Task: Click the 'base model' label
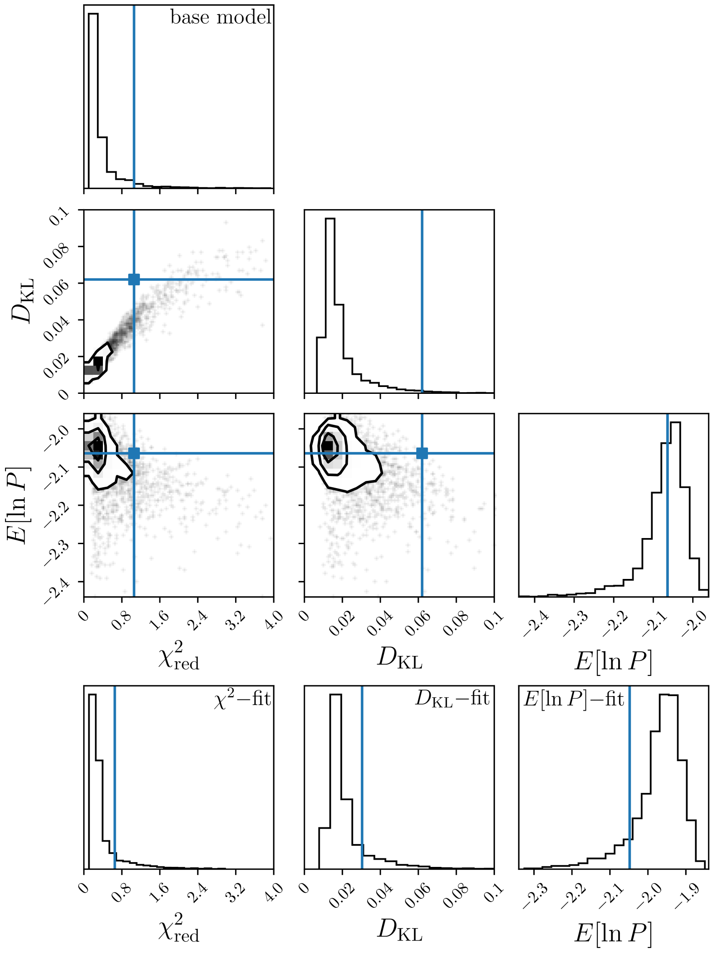click(221, 18)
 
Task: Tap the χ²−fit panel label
click(243, 698)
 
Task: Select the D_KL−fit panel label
click(452, 698)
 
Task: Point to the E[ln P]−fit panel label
click(574, 698)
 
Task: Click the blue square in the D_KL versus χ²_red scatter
click(134, 279)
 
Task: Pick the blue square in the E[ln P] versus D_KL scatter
click(422, 453)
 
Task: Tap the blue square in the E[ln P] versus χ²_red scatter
click(134, 453)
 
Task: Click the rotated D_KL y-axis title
click(22, 301)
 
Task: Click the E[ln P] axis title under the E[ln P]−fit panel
click(613, 933)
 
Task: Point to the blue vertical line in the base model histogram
click(134, 96)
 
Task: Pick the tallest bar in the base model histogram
click(93, 101)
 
